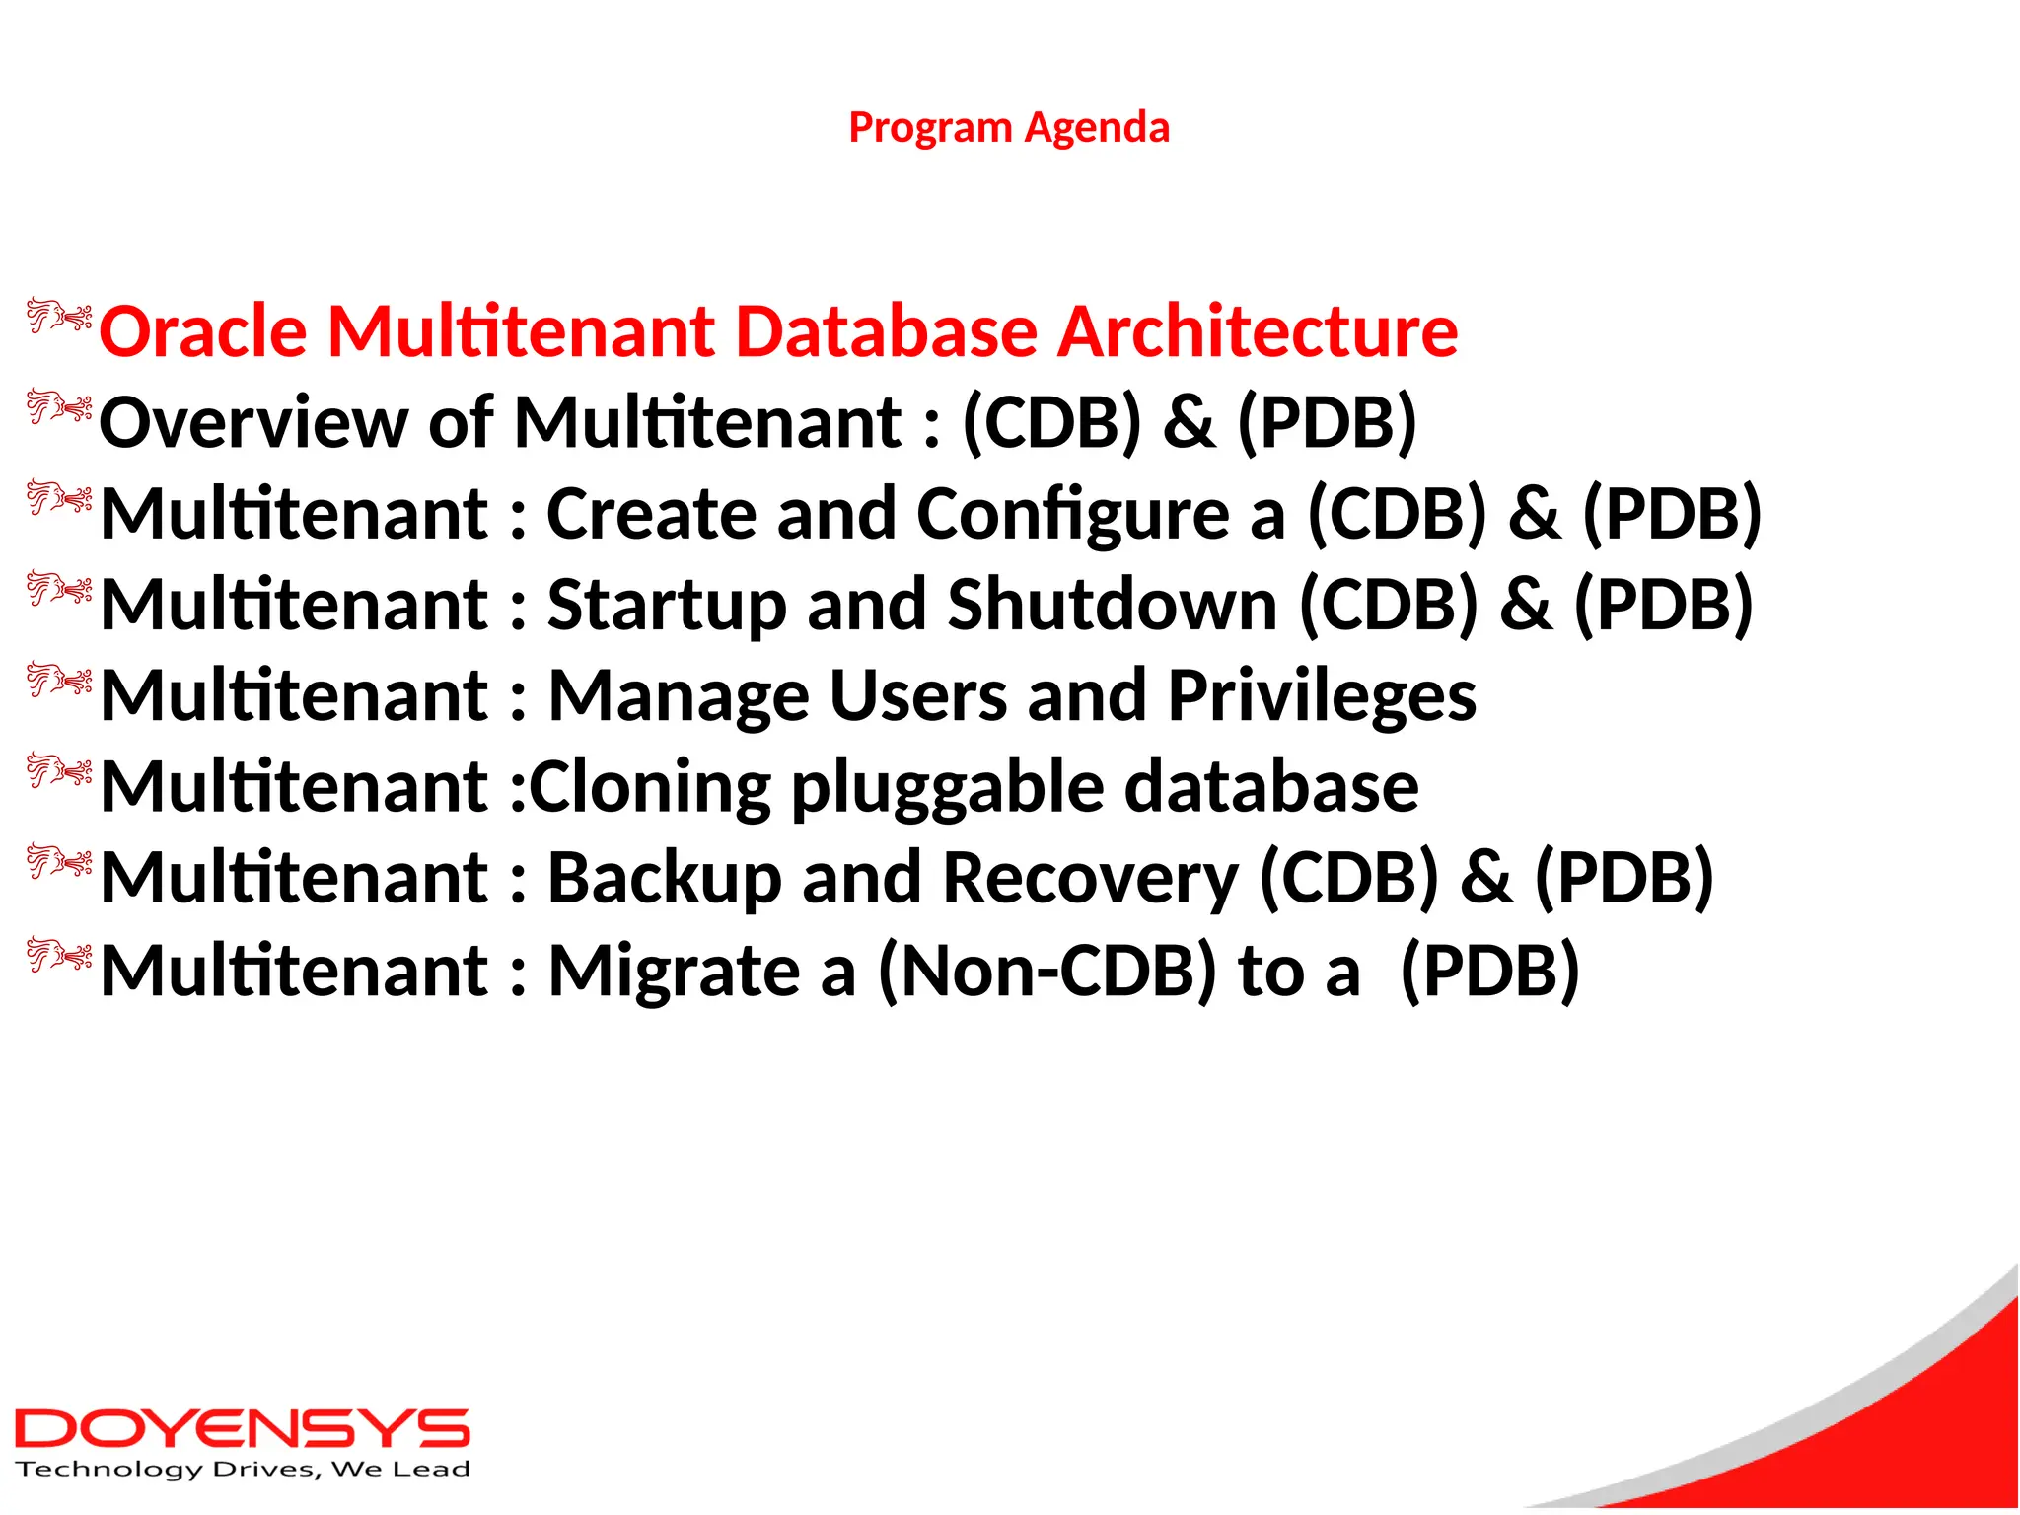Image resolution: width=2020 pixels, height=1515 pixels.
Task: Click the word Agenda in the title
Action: pyautogui.click(x=1097, y=128)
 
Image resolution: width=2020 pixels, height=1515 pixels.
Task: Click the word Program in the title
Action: pyautogui.click(x=930, y=128)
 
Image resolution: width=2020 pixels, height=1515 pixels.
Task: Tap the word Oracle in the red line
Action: pyautogui.click(x=203, y=331)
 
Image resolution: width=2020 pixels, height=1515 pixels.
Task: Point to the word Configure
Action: pyautogui.click(x=1072, y=515)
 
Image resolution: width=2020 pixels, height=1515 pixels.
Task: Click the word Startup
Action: pyautogui.click(x=667, y=605)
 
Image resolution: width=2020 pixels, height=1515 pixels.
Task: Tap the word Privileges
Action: pyautogui.click(x=1322, y=696)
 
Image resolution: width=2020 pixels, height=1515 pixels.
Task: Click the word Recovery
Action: pyautogui.click(x=1090, y=878)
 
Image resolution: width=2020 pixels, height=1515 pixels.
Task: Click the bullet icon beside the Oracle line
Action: pyautogui.click(x=59, y=317)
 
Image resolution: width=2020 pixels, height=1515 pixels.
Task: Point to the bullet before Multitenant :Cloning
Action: pyautogui.click(x=59, y=771)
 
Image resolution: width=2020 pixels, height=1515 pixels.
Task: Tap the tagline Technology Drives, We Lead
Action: pyautogui.click(x=243, y=1470)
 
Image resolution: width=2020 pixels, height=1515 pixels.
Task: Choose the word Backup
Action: pyautogui.click(x=664, y=878)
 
